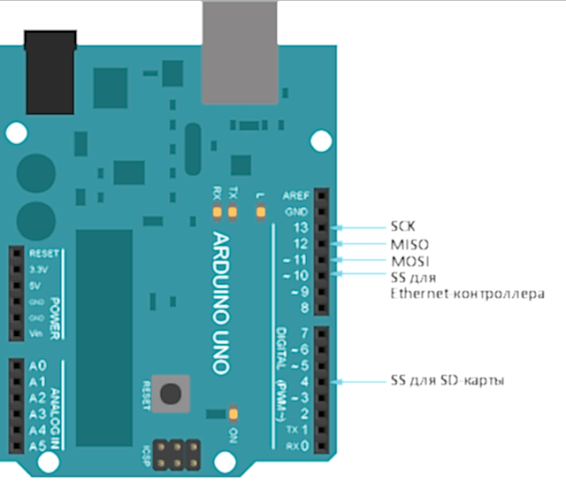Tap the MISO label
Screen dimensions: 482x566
click(407, 243)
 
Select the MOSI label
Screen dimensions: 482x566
click(407, 261)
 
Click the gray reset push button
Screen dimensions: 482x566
click(172, 393)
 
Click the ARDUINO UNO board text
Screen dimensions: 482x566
click(221, 302)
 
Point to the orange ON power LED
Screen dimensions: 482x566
click(233, 413)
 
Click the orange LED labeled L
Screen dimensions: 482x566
click(260, 211)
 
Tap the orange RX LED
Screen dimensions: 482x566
click(216, 211)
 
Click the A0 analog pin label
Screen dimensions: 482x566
click(37, 366)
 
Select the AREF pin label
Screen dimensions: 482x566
click(294, 195)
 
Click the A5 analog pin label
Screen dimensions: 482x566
click(37, 445)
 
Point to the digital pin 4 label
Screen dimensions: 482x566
click(302, 381)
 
